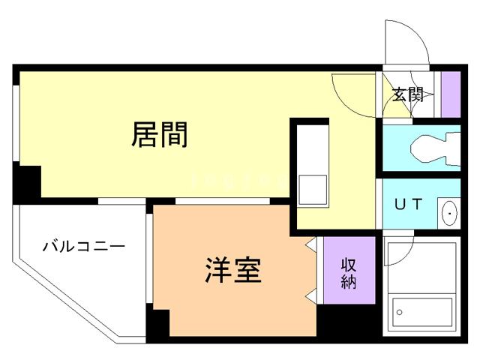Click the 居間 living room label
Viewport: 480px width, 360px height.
pyautogui.click(x=159, y=135)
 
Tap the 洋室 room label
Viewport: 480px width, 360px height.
pyautogui.click(x=233, y=270)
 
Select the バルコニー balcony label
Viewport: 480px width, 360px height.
pyautogui.click(x=83, y=246)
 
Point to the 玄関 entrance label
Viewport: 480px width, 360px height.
pyautogui.click(x=408, y=94)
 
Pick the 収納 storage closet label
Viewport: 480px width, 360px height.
pyautogui.click(x=348, y=273)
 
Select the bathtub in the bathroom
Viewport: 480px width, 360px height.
pyautogui.click(x=422, y=308)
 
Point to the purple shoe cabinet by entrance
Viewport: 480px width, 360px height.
pyautogui.click(x=451, y=93)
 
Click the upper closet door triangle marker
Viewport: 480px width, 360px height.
pyautogui.click(x=310, y=244)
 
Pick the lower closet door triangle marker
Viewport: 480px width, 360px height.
pyautogui.click(x=310, y=295)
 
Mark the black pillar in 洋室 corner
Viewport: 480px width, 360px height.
pyautogui.click(x=157, y=323)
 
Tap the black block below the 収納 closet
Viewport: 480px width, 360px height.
pyautogui.click(x=346, y=321)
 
